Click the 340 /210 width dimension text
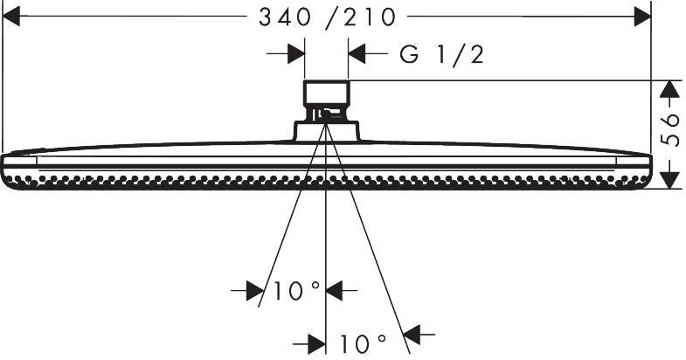point(327,17)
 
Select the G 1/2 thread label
point(442,55)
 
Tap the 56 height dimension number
point(670,130)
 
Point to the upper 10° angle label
point(296,290)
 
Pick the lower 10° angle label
point(363,343)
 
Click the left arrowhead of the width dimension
point(11,17)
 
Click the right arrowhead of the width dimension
point(642,17)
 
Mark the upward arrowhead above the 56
point(669,89)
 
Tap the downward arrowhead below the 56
point(669,180)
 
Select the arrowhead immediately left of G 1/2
point(357,54)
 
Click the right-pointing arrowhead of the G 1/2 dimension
point(296,54)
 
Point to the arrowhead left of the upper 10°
point(254,290)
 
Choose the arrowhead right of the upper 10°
point(334,290)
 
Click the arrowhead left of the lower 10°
point(316,344)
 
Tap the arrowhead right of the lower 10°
point(412,335)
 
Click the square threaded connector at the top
point(326,100)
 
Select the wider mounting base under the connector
point(326,131)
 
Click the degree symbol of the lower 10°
point(381,338)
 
